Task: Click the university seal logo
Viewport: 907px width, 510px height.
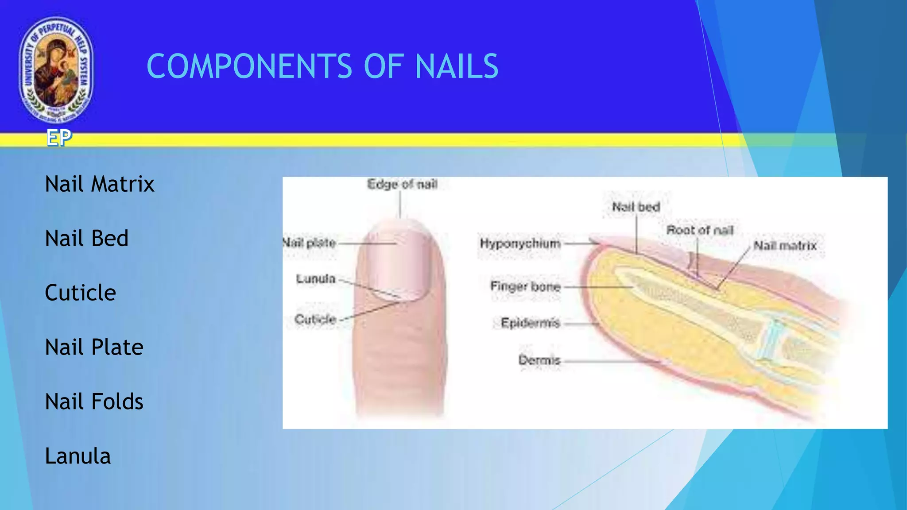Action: click(56, 70)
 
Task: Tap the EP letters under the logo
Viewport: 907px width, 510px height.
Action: click(59, 138)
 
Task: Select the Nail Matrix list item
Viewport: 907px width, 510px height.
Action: click(100, 184)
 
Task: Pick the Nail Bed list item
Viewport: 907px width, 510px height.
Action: click(87, 238)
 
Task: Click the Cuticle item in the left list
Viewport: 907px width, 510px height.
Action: click(81, 293)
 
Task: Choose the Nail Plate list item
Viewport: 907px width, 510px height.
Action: click(94, 347)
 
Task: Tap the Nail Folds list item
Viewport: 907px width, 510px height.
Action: click(94, 402)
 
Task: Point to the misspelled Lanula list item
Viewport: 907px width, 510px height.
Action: click(78, 456)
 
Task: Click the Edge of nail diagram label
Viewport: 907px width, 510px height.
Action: click(402, 184)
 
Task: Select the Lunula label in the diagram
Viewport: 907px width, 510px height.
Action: click(316, 279)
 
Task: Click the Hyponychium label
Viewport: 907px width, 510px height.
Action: click(520, 243)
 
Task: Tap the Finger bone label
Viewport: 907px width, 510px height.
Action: click(525, 286)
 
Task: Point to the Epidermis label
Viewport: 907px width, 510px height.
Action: click(530, 323)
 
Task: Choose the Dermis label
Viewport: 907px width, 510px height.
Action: click(539, 360)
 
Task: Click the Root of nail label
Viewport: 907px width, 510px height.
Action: click(700, 230)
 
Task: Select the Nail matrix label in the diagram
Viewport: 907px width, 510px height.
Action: click(785, 246)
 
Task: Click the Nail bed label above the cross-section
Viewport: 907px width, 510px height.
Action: click(636, 207)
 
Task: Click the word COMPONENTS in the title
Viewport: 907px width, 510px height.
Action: click(249, 66)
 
